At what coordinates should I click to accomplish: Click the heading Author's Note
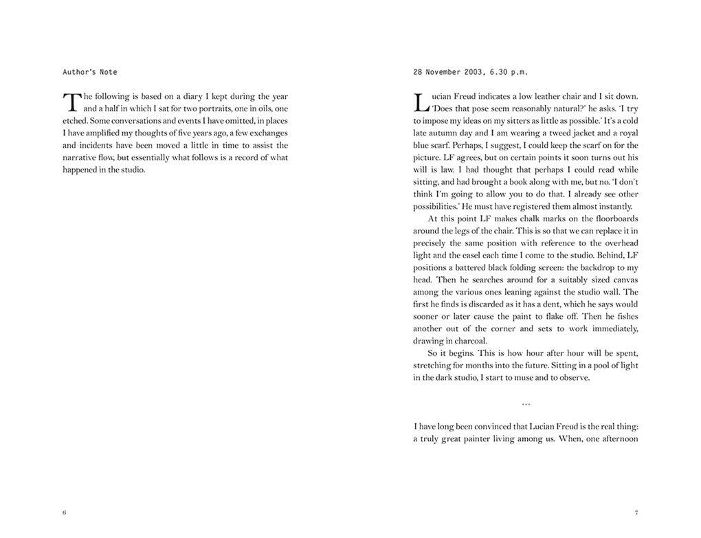(x=90, y=71)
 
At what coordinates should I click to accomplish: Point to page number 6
(x=65, y=513)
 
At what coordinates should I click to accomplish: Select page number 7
(x=636, y=513)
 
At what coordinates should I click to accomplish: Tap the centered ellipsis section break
(x=526, y=403)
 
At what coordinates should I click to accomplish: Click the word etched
(x=75, y=121)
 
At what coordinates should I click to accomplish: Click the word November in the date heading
(x=443, y=71)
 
